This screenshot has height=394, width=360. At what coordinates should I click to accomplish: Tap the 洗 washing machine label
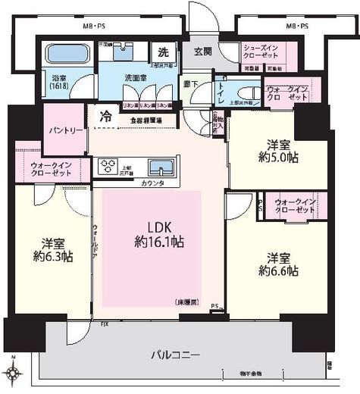164,52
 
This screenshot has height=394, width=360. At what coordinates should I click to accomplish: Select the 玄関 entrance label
203,51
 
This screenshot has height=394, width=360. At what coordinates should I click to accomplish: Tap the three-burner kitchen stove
106,166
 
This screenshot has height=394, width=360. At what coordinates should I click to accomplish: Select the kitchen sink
159,167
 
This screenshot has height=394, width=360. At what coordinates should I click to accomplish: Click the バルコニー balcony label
175,353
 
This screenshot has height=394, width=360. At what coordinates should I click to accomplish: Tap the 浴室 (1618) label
58,81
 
